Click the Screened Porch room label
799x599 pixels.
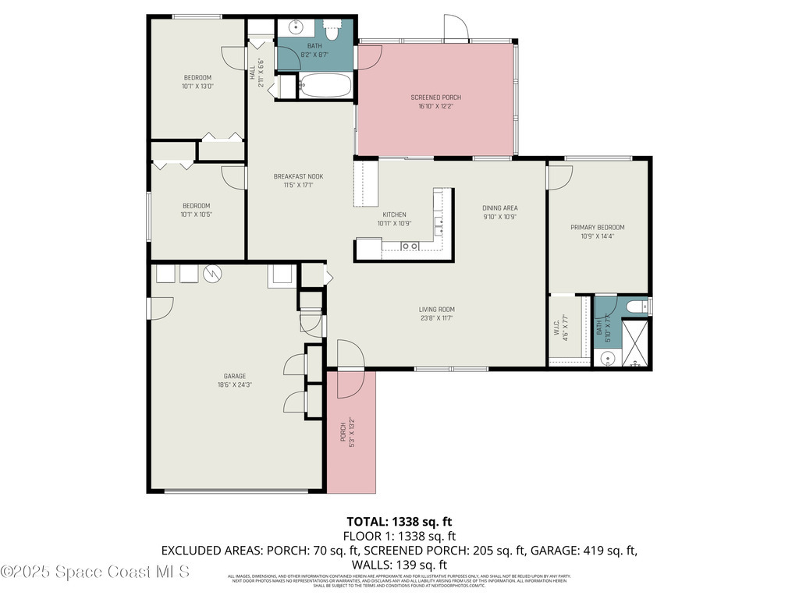[x=435, y=97]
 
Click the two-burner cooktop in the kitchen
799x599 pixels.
[x=410, y=246]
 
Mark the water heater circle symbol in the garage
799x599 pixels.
[x=212, y=274]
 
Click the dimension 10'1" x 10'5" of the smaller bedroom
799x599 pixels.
[x=197, y=214]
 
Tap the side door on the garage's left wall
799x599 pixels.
[x=160, y=307]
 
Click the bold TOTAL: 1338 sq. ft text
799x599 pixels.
[x=399, y=521]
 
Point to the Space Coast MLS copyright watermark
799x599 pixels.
[x=95, y=572]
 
